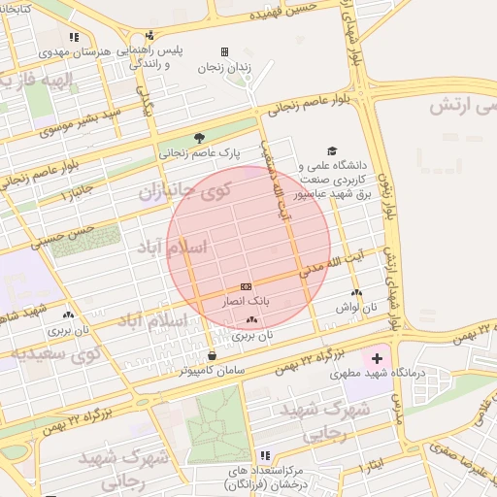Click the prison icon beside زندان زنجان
[x=224, y=51]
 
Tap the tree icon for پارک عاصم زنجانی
[x=200, y=138]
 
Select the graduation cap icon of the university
[x=333, y=151]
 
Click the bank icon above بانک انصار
[x=245, y=286]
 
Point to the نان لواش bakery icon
[x=356, y=292]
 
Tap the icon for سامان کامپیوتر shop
[x=213, y=355]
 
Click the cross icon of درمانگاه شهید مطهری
[x=377, y=359]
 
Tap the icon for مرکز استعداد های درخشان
[x=265, y=455]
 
